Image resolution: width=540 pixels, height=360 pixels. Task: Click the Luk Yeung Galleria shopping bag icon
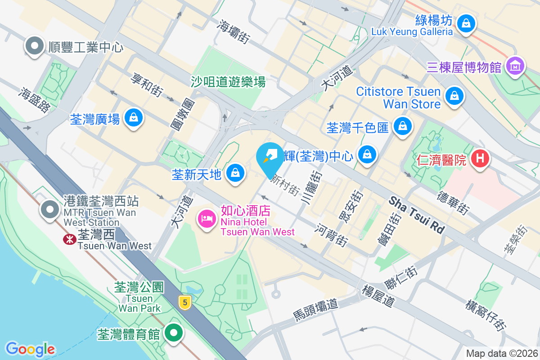coord(466,22)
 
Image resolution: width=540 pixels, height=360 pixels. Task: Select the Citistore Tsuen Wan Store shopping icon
coord(454,96)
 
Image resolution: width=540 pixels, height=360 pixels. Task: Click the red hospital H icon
coord(480,158)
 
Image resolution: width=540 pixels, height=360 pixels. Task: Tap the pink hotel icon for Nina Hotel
coord(207,219)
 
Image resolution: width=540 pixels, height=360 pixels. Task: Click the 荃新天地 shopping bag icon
coord(234,172)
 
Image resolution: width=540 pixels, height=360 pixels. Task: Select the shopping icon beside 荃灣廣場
coord(134,118)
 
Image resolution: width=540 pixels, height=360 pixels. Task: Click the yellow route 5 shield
coord(184,302)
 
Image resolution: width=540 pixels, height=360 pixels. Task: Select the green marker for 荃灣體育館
coord(173,333)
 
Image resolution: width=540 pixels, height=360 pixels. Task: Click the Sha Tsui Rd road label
coord(417,214)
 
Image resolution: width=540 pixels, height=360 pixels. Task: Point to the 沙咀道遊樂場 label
coord(228,82)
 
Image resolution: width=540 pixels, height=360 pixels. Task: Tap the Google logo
coord(30,348)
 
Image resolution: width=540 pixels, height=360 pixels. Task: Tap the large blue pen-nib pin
coord(270,156)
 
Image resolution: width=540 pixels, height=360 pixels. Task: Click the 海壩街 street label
coord(234,31)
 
